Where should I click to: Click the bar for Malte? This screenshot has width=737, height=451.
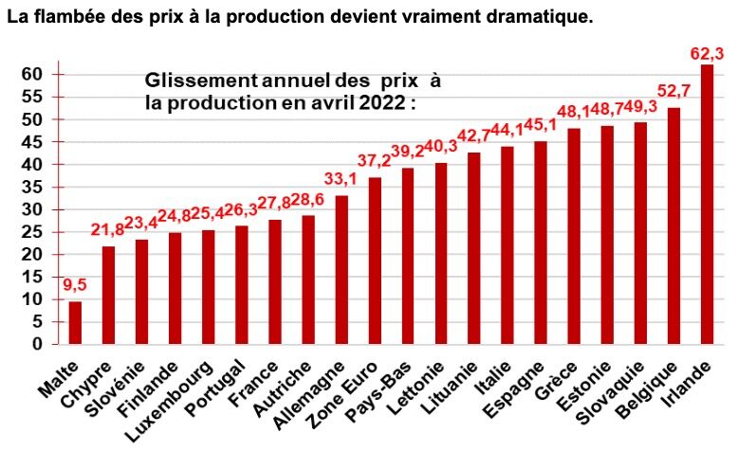(x=75, y=322)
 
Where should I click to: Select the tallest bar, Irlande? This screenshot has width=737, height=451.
(x=708, y=204)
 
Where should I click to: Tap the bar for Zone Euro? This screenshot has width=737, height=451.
(x=375, y=261)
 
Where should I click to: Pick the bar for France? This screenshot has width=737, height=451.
(x=275, y=281)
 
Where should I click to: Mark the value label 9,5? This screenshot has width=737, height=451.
(x=75, y=283)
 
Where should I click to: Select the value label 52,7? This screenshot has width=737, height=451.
(x=674, y=91)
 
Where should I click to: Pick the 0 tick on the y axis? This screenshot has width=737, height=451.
(x=37, y=344)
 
